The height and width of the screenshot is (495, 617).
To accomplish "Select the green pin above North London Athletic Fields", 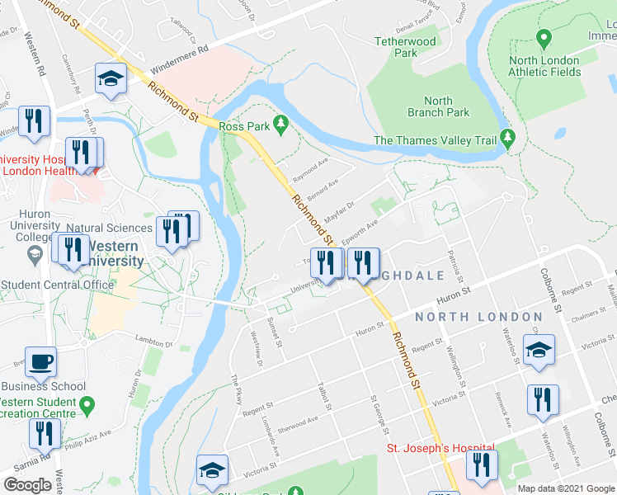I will pyautogui.click(x=544, y=39).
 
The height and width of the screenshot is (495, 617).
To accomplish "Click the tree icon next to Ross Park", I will pyautogui.click(x=282, y=124).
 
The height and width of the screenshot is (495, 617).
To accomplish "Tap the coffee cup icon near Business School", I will pyautogui.click(x=41, y=361).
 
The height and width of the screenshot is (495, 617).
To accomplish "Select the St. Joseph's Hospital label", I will pyautogui.click(x=440, y=449).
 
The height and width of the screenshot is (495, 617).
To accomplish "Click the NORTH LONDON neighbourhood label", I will pyautogui.click(x=478, y=317).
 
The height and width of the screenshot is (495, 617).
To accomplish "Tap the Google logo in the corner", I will pyautogui.click(x=28, y=485).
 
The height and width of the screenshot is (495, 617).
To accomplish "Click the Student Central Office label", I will pyautogui.click(x=57, y=285).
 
